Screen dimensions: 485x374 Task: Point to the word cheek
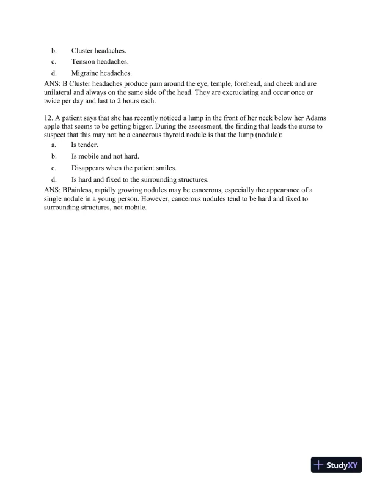[302, 83]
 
